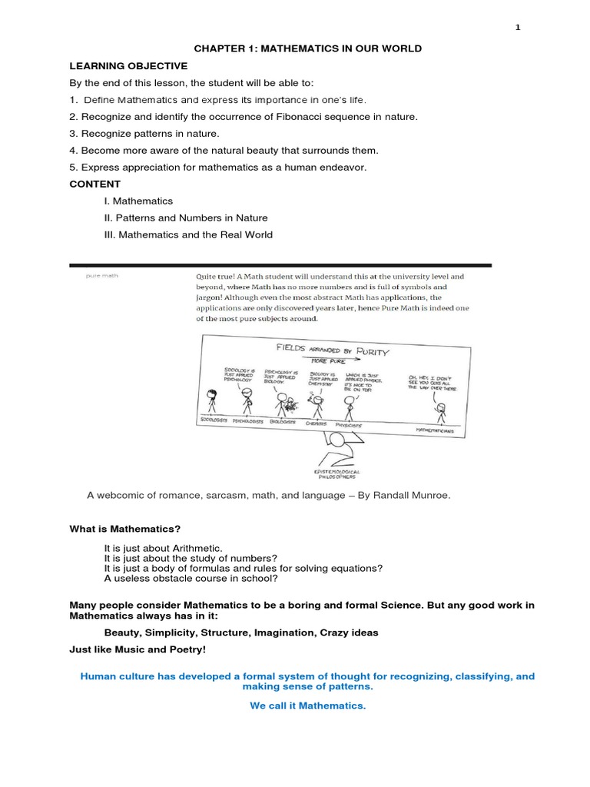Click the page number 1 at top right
tap(518, 28)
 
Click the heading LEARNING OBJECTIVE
tap(128, 66)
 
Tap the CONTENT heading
tap(94, 184)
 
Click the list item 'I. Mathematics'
tap(138, 201)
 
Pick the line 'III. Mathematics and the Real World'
tap(188, 234)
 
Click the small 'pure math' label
tap(101, 274)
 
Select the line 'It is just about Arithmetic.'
tap(163, 547)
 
